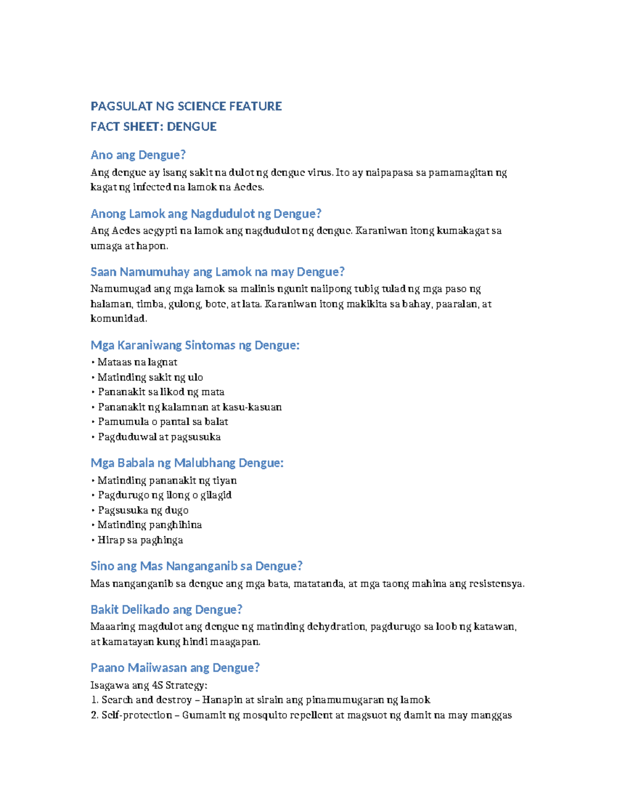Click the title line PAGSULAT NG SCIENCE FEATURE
coord(186,106)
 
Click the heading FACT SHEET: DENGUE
coord(153,127)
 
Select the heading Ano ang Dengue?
coord(138,155)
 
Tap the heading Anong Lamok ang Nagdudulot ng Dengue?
coord(206,214)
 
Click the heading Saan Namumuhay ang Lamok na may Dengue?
coord(217,272)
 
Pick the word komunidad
coord(118,318)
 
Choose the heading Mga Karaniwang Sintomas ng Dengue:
coord(195,345)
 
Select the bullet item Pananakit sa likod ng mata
coord(160,392)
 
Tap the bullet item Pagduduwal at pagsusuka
coord(159,437)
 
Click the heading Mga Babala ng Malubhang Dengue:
coord(187,463)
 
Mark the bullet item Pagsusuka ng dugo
coord(142,510)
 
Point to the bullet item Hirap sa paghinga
coord(140,540)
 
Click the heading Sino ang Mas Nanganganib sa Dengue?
coord(196,566)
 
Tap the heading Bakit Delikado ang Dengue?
coord(166,610)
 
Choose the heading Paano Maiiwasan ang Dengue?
coord(175,668)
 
